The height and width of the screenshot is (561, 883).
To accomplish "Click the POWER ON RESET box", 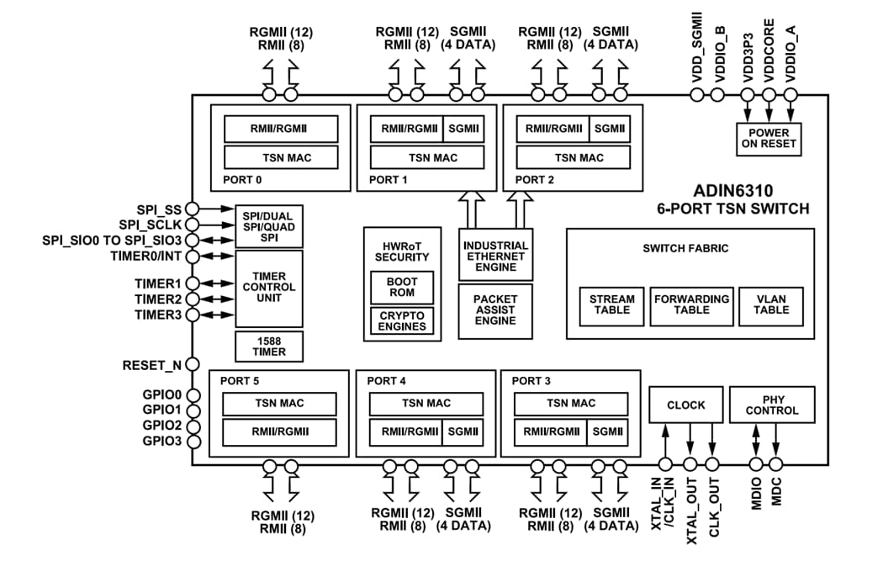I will pyautogui.click(x=769, y=139).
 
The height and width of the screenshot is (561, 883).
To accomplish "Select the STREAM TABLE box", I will pyautogui.click(x=611, y=304).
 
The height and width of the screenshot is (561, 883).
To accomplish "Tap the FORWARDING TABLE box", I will pyautogui.click(x=691, y=304).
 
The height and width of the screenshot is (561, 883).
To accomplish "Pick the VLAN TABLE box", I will pyautogui.click(x=771, y=304).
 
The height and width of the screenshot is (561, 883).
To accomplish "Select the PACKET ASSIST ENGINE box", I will pyautogui.click(x=494, y=310).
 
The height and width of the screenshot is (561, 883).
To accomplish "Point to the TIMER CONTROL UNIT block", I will pyautogui.click(x=268, y=288).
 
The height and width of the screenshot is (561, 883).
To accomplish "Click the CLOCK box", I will pyautogui.click(x=685, y=405).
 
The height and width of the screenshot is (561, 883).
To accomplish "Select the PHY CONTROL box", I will pyautogui.click(x=771, y=405).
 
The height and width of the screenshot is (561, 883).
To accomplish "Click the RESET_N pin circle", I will pyautogui.click(x=192, y=365).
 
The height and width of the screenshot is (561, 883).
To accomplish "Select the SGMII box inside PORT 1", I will pyautogui.click(x=463, y=129).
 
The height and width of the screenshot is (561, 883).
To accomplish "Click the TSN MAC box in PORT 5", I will pyautogui.click(x=279, y=403).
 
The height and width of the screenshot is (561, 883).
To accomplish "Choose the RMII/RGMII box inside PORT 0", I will pyautogui.click(x=280, y=129).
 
